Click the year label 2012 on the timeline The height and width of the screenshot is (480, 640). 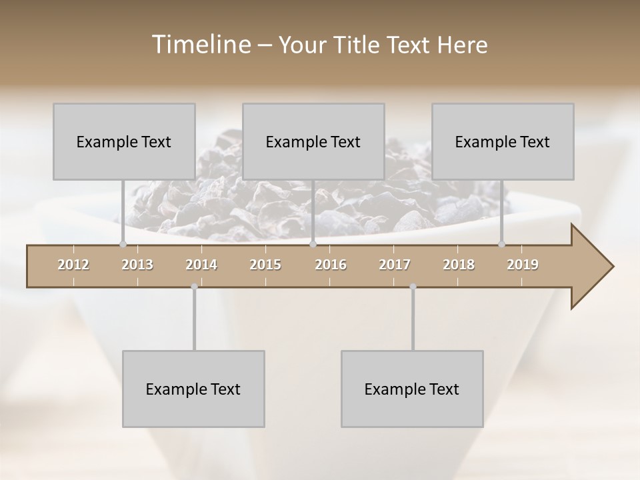pos(73,265)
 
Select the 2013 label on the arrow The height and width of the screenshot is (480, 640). pos(137,265)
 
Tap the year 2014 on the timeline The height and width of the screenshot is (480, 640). pos(201,265)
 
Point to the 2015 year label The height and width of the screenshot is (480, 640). pos(265,265)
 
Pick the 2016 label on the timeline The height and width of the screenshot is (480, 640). pos(331,265)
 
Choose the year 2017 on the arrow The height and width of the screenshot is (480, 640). pos(395,265)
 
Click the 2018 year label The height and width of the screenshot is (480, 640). pos(459,265)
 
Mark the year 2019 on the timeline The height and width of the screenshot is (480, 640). pos(523,265)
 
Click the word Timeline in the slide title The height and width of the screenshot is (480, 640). pos(200,45)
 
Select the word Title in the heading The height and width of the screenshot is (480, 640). pos(357,45)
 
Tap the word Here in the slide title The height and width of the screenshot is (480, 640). pos(462,45)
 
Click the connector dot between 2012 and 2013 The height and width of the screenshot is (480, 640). pos(123,245)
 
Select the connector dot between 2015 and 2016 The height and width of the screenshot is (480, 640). pos(313,245)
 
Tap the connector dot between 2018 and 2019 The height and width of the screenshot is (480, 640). pos(502,245)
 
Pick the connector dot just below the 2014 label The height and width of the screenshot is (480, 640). pos(194,287)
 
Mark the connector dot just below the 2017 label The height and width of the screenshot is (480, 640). pos(413,287)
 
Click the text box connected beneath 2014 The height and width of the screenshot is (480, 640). pos(193,389)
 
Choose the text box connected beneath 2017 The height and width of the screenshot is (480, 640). pos(412,389)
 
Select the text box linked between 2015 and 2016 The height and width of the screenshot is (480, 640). pos(313,141)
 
